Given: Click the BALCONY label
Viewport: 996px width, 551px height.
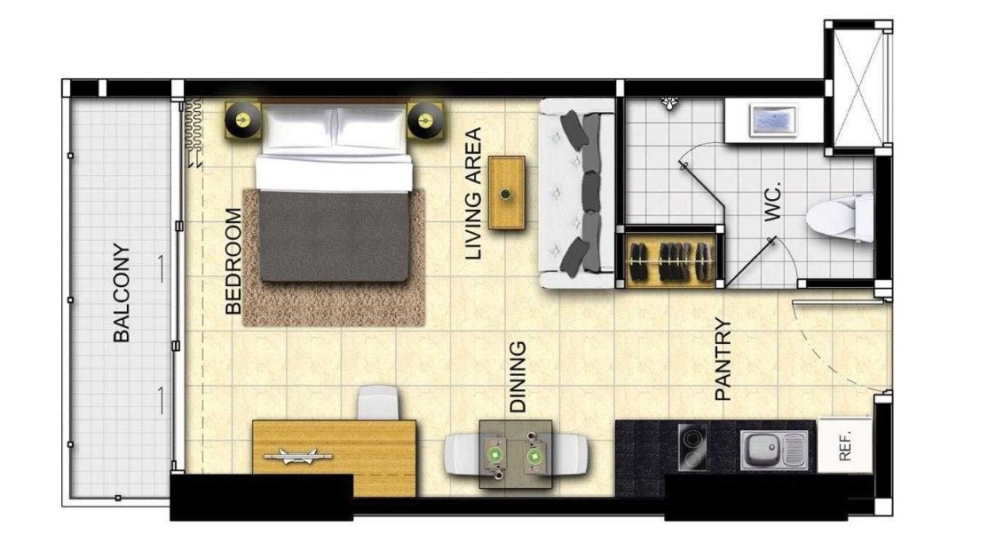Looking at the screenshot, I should tap(122, 293).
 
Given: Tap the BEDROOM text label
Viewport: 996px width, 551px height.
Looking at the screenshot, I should tap(233, 261).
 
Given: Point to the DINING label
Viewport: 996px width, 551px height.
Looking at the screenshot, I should tap(518, 376).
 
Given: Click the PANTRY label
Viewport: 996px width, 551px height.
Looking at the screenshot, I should tap(723, 359).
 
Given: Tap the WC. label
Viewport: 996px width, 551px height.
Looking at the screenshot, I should tap(771, 202).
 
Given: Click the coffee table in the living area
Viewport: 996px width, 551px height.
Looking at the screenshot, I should tap(507, 193).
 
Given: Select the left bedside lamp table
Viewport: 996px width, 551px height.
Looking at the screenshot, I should tap(242, 120).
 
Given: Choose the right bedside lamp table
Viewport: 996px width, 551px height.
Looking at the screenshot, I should tap(426, 120).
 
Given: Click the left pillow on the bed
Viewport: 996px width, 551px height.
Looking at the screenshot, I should tap(298, 127).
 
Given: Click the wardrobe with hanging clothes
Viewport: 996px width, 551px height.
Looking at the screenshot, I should tap(669, 260).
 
